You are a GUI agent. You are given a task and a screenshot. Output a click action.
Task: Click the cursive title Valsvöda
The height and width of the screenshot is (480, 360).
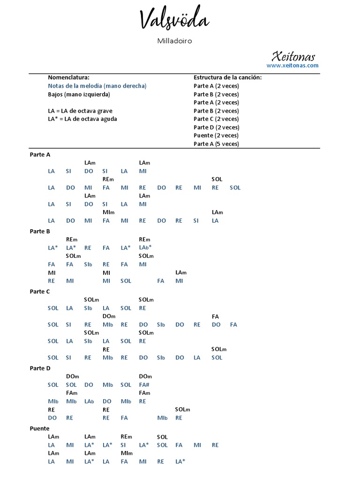[174, 21]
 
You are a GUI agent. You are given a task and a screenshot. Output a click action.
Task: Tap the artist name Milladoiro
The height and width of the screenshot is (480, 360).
[174, 41]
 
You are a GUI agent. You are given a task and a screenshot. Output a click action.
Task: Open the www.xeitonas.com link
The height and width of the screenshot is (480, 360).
[292, 66]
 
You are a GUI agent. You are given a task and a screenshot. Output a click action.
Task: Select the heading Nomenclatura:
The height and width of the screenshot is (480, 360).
[68, 77]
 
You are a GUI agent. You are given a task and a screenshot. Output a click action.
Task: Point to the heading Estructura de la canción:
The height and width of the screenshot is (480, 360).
[228, 77]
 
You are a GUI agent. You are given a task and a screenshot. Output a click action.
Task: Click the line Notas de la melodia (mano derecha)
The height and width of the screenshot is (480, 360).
[97, 86]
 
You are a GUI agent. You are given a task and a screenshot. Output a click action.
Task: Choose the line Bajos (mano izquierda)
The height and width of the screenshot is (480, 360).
[79, 94]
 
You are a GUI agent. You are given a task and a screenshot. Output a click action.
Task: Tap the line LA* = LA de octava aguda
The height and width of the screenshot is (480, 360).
[82, 119]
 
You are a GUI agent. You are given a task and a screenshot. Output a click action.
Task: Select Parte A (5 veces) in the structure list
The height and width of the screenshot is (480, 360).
[216, 144]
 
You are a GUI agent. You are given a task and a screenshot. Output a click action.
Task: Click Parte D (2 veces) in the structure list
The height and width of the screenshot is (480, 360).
[216, 127]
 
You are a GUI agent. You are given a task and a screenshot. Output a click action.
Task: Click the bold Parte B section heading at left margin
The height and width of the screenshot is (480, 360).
[40, 231]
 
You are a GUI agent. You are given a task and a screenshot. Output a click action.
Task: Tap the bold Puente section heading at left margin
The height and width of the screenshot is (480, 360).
[39, 428]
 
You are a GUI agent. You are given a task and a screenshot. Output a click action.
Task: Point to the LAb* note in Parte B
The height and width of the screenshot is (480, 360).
[145, 247]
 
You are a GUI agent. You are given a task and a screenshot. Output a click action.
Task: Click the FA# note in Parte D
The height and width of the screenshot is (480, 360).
[144, 385]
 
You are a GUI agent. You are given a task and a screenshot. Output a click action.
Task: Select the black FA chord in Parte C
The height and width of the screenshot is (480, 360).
[216, 316]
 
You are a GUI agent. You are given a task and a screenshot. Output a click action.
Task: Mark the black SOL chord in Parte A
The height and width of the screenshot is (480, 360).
[217, 179]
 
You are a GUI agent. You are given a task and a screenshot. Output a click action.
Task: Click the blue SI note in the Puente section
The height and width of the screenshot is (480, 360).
[123, 445]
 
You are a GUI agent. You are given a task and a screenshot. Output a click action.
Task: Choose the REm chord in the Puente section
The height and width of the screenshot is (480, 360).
[126, 437]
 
